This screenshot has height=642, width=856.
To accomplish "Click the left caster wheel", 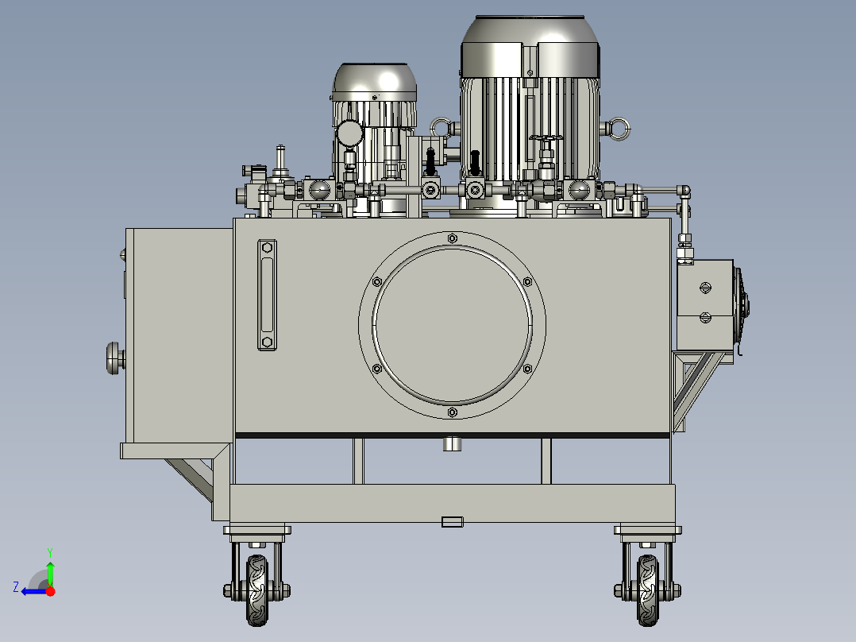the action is coord(257,590).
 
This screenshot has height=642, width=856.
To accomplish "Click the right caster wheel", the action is coord(647,590).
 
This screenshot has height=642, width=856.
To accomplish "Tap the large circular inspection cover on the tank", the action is coord(452,325).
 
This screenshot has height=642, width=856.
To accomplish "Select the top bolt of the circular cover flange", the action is coord(452,238).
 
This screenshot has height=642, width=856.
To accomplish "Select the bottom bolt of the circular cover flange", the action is coord(452,412).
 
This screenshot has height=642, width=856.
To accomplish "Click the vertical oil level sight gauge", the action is coord(267,295).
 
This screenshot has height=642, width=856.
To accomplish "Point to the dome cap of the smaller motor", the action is coord(375,82).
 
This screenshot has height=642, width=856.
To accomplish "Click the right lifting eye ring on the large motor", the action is coord(619,130).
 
